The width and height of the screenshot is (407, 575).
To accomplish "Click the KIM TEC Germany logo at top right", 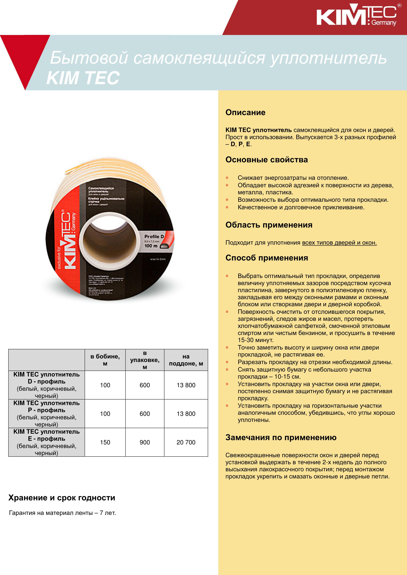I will click(356, 16).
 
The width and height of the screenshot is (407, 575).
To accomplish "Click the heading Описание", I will click(245, 112).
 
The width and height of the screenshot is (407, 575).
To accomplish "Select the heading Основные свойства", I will click(266, 160).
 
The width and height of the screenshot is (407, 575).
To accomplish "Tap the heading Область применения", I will click(269, 225).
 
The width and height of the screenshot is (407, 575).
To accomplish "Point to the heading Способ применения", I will click(267, 258).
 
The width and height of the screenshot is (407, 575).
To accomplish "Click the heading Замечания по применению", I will click(281, 437).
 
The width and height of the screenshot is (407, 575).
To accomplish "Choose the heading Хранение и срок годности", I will click(62, 498).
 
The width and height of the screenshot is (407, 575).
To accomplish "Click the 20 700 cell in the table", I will click(186, 442).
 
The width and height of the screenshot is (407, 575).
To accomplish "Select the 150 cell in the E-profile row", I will click(105, 442).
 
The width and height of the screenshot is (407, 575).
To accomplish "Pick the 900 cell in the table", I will click(145, 442).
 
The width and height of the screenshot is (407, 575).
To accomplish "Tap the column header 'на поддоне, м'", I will click(186, 360).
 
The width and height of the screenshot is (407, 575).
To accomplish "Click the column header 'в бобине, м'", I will click(105, 360).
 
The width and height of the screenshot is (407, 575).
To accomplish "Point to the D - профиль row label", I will click(46, 382).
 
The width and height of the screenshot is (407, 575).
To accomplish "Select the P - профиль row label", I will click(46, 410).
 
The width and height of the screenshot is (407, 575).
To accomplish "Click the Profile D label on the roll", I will click(154, 236).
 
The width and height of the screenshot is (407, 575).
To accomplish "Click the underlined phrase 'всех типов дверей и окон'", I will click(339, 243).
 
